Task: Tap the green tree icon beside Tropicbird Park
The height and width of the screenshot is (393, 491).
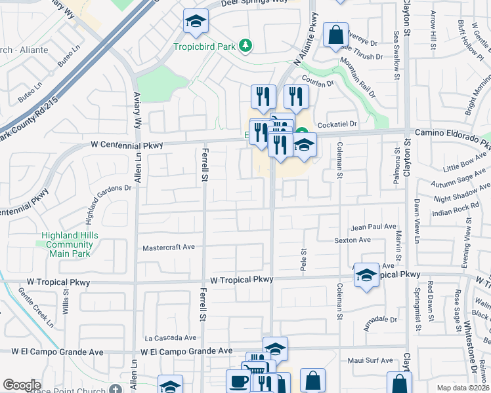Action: pos(245,45)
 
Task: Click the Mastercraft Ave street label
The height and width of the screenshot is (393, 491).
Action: pos(169,248)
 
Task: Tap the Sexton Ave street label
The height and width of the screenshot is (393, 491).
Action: pos(352,240)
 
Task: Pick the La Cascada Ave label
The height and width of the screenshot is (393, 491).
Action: pos(171,338)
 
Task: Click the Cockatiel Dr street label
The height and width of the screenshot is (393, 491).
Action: pos(336,124)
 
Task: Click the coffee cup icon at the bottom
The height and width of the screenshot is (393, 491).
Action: pos(238,382)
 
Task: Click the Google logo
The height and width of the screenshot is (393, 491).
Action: pos(22,385)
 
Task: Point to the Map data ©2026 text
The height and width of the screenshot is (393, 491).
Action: pos(463,388)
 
